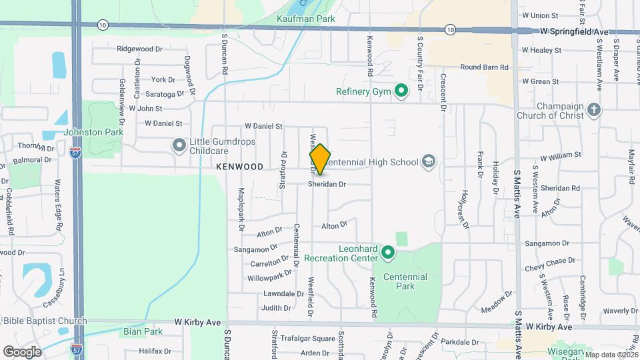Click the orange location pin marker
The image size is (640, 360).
[x=320, y=159]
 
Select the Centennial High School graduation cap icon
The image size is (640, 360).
[x=428, y=161]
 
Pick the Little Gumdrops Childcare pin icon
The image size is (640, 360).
[x=179, y=145]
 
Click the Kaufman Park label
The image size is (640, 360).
[x=305, y=19]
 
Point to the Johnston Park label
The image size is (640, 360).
[x=93, y=132]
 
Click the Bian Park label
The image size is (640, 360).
[x=143, y=331]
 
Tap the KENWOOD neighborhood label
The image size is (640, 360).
[x=239, y=166]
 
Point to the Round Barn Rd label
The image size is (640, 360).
[x=484, y=67]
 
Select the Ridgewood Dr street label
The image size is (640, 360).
[x=139, y=49]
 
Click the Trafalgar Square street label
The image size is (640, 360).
[x=307, y=339]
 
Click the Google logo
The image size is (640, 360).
[x=23, y=351]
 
